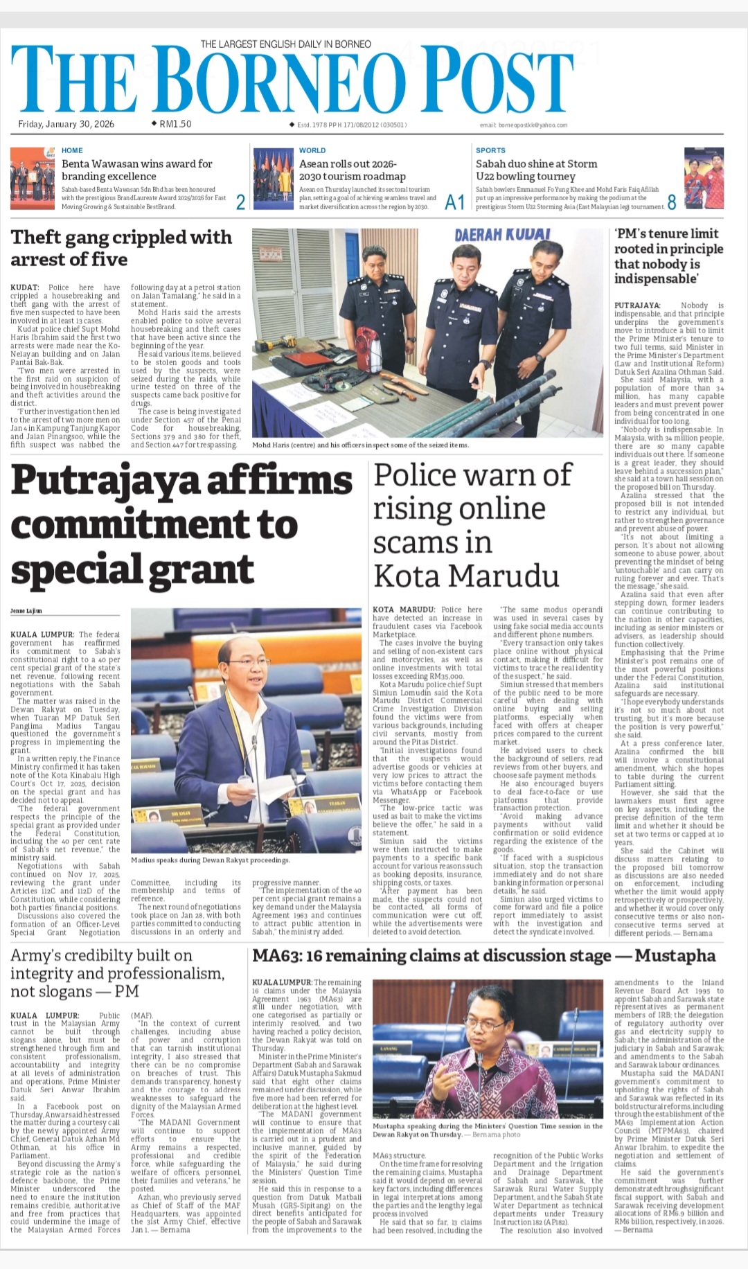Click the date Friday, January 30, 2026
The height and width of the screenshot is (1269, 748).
(66, 124)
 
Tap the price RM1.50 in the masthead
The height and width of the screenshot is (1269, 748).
(175, 124)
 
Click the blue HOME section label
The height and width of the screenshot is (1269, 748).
(72, 150)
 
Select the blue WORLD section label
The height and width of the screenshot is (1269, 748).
(312, 150)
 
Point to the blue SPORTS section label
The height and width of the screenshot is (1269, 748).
(490, 150)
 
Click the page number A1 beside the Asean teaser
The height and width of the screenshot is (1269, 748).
(454, 202)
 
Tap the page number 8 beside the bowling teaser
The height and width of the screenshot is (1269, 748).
(671, 202)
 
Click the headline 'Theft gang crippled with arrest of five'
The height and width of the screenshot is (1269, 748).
(121, 248)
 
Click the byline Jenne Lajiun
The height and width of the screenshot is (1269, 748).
(26, 611)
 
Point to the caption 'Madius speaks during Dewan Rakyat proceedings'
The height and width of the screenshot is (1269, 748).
(211, 860)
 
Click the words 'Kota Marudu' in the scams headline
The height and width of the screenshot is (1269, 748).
(466, 576)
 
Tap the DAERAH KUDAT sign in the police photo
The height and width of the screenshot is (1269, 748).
(502, 235)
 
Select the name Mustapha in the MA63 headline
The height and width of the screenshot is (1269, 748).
(675, 956)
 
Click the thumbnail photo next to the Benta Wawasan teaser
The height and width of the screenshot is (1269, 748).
(33, 177)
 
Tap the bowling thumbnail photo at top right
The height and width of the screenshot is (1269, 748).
(704, 178)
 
